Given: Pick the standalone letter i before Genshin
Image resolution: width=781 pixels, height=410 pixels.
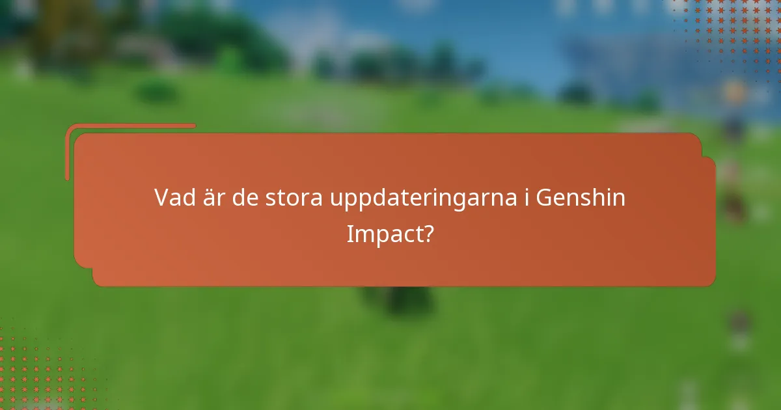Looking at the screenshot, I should pyautogui.click(x=526, y=198).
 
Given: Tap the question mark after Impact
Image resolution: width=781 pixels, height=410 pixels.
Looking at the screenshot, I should pyautogui.click(x=428, y=234).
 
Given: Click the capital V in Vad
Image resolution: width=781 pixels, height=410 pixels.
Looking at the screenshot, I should pyautogui.click(x=163, y=198).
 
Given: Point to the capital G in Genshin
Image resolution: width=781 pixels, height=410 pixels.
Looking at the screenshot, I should pyautogui.click(x=545, y=198).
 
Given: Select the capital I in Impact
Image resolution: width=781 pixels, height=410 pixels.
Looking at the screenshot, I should pyautogui.click(x=349, y=234).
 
